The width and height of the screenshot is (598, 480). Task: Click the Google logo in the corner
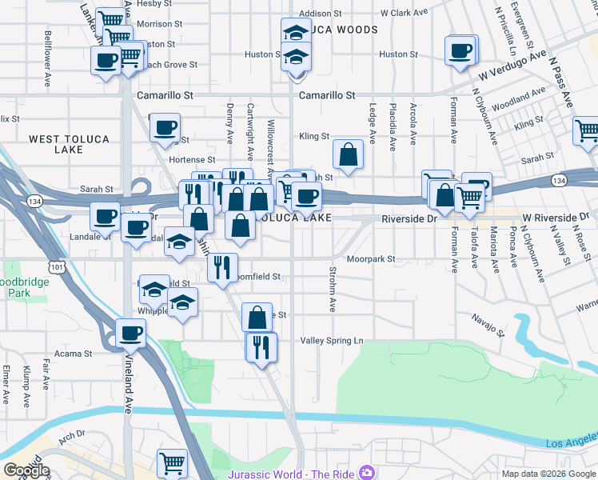click(26, 470)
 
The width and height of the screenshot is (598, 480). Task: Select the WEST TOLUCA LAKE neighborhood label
click(69, 144)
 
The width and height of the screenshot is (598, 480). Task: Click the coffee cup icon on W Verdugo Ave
click(460, 50)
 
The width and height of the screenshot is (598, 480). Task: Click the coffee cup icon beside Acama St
click(130, 333)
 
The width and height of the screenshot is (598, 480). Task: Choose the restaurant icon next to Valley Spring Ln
click(261, 346)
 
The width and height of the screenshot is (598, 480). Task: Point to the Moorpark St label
click(372, 259)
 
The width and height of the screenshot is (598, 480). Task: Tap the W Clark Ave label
click(405, 13)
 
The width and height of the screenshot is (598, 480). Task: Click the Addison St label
click(321, 14)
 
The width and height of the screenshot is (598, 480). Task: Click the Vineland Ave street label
click(128, 384)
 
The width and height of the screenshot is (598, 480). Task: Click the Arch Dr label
click(71, 436)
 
